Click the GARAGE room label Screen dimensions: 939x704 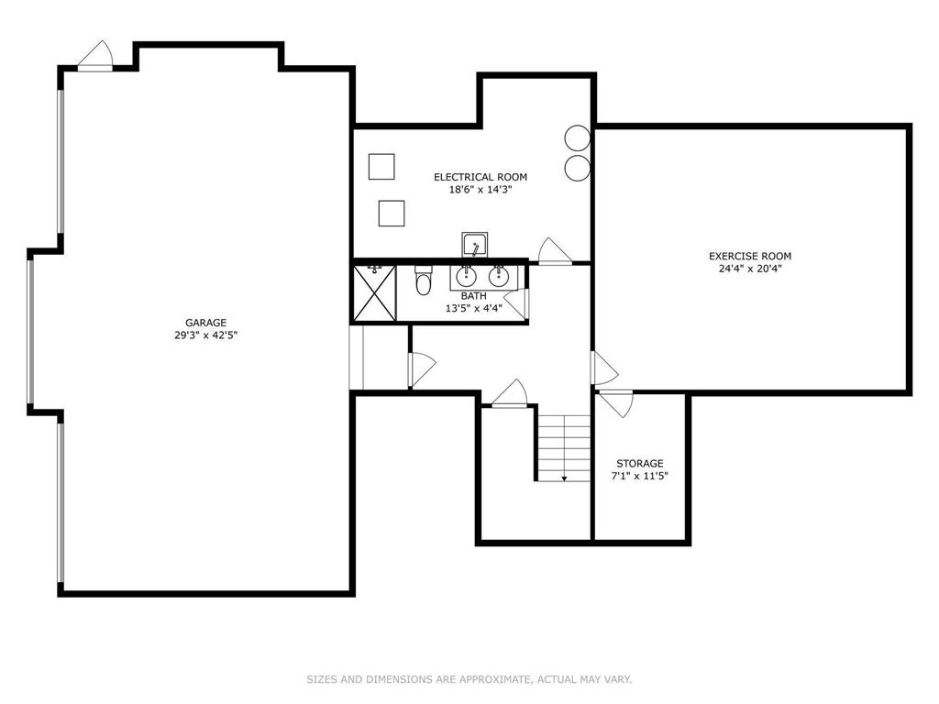tap(205, 323)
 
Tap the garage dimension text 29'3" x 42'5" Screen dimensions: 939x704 tap(205, 335)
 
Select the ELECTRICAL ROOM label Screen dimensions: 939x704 tap(481, 177)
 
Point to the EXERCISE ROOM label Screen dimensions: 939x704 tap(750, 257)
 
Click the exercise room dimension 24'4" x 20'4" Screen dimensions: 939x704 tap(750, 269)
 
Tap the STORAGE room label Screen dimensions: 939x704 tap(639, 463)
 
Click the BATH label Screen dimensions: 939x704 tap(474, 296)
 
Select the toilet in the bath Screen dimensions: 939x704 tap(424, 280)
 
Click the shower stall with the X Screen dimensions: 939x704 tap(375, 293)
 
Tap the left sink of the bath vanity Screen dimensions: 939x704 tap(466, 276)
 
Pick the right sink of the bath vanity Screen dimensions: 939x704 tap(498, 276)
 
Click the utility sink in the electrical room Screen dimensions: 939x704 tap(474, 246)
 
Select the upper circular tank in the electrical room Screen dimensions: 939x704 tap(578, 138)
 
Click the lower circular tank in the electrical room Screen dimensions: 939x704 tap(578, 168)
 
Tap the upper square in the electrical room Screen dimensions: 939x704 tap(381, 167)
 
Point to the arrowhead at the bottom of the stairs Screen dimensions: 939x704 tap(564, 478)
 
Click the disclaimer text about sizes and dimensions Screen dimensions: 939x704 tap(469, 679)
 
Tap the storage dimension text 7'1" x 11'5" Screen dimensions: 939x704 tap(639, 477)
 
